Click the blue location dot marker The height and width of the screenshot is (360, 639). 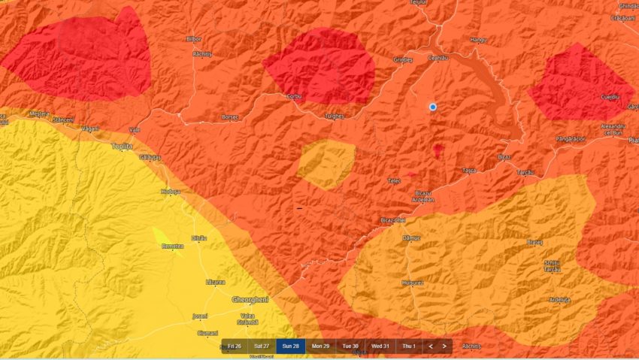[x=433, y=107]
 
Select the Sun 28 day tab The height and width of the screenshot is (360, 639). [x=291, y=346]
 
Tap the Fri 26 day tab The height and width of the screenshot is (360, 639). [x=233, y=346]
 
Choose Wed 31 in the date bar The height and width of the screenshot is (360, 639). [x=380, y=346]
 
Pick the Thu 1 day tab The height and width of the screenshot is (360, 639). [x=409, y=346]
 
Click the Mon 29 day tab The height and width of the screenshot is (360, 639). [x=321, y=346]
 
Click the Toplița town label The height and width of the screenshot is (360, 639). [x=121, y=146]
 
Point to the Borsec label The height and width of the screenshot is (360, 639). [x=230, y=117]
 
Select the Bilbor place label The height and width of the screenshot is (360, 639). [x=194, y=39]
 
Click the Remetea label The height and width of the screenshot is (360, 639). [x=172, y=246]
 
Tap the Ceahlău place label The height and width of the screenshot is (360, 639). [x=438, y=58]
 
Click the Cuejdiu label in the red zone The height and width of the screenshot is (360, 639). [x=610, y=97]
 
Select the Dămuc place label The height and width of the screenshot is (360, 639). [x=412, y=238]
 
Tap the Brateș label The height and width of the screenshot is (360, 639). [x=535, y=242]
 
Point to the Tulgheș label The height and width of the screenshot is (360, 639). [x=334, y=116]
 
